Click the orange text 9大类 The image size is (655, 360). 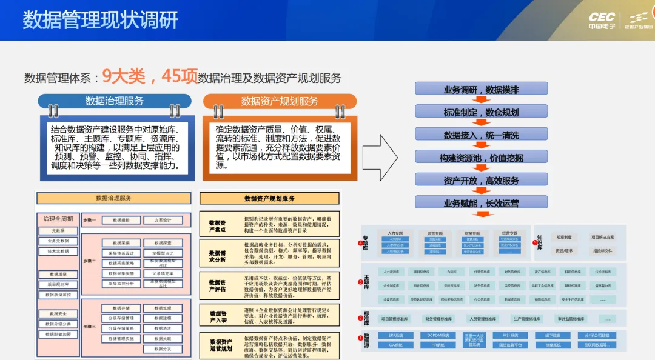click(124, 76)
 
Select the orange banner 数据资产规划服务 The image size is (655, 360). click(279, 101)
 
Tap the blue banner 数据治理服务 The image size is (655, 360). click(114, 101)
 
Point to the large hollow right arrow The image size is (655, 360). click(380, 154)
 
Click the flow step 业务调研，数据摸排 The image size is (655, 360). click(481, 90)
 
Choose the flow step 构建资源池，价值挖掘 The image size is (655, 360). click(481, 158)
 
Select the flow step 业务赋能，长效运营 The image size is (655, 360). click(481, 203)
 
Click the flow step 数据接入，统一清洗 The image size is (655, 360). click(481, 135)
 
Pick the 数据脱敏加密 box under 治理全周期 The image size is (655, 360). click(58, 334)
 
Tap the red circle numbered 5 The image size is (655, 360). click(535, 243)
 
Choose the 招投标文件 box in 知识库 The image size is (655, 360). click(602, 250)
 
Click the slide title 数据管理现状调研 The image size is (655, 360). click(101, 20)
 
